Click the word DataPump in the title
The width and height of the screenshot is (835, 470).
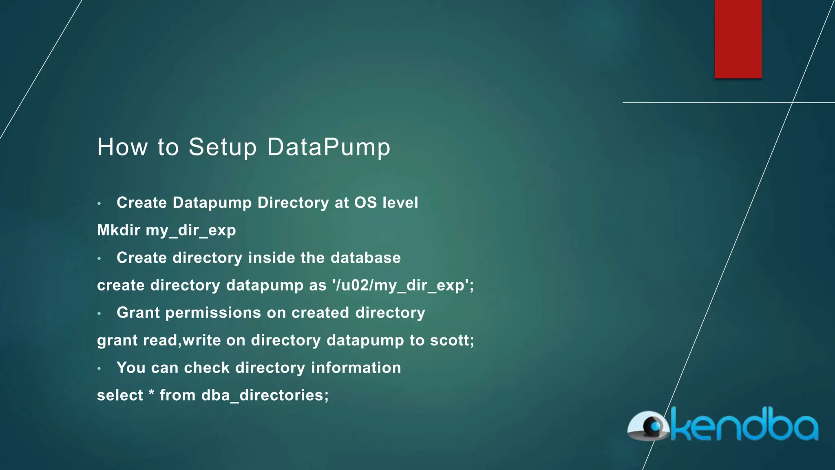pyautogui.click(x=329, y=147)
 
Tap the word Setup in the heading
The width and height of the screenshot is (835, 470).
pyautogui.click(x=223, y=147)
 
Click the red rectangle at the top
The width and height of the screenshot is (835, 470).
pyautogui.click(x=738, y=39)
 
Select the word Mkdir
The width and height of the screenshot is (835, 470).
pyautogui.click(x=119, y=230)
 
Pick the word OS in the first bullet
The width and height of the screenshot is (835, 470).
pyautogui.click(x=365, y=203)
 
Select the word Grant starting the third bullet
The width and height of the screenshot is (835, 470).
pyautogui.click(x=138, y=313)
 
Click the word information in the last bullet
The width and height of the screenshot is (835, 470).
pyautogui.click(x=356, y=368)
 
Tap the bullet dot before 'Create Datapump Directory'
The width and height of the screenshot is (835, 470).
pyautogui.click(x=99, y=203)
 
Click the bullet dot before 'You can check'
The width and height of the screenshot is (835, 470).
pyautogui.click(x=99, y=368)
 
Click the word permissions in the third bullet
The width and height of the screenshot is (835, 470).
pyautogui.click(x=213, y=313)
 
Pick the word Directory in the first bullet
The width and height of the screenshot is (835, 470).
pyautogui.click(x=293, y=203)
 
